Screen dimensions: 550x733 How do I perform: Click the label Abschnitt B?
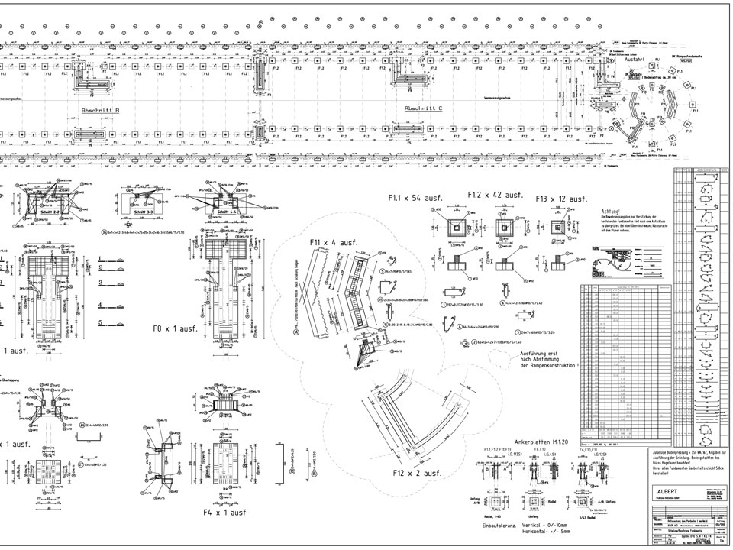point(100,110)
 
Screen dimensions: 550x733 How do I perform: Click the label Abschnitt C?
point(423,109)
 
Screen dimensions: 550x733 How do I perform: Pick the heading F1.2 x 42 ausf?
point(495,196)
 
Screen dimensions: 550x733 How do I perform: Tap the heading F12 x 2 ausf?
point(417,474)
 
